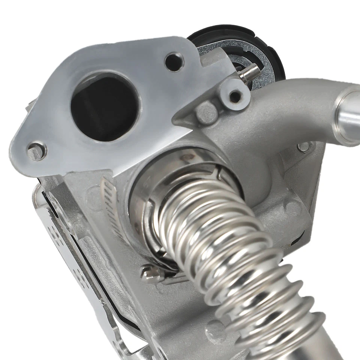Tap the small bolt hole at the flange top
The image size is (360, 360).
pos(174,61)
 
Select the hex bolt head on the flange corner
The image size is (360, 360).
pos(36,151)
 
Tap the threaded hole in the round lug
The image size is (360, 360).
pos(235,96)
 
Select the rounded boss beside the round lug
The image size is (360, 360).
pos(207,112)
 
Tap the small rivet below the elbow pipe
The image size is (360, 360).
pos(304,147)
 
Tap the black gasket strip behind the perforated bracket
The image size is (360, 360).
pos(112,300)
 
